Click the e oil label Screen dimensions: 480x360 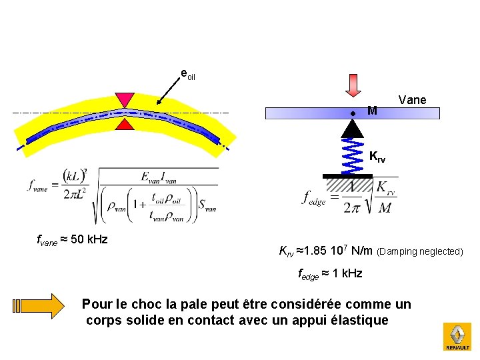188,73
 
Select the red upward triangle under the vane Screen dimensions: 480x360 124,124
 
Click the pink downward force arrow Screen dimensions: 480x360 353,85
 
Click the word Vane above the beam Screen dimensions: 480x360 412,100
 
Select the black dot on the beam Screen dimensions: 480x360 353,113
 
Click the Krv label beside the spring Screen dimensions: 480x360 377,157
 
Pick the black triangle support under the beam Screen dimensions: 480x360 353,129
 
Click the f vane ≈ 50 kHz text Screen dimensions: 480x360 73,239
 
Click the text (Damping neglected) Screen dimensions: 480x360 419,252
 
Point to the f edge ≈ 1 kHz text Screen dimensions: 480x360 329,273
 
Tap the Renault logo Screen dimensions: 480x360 457,336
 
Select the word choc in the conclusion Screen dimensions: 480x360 142,305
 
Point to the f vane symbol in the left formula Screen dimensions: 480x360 37,186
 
